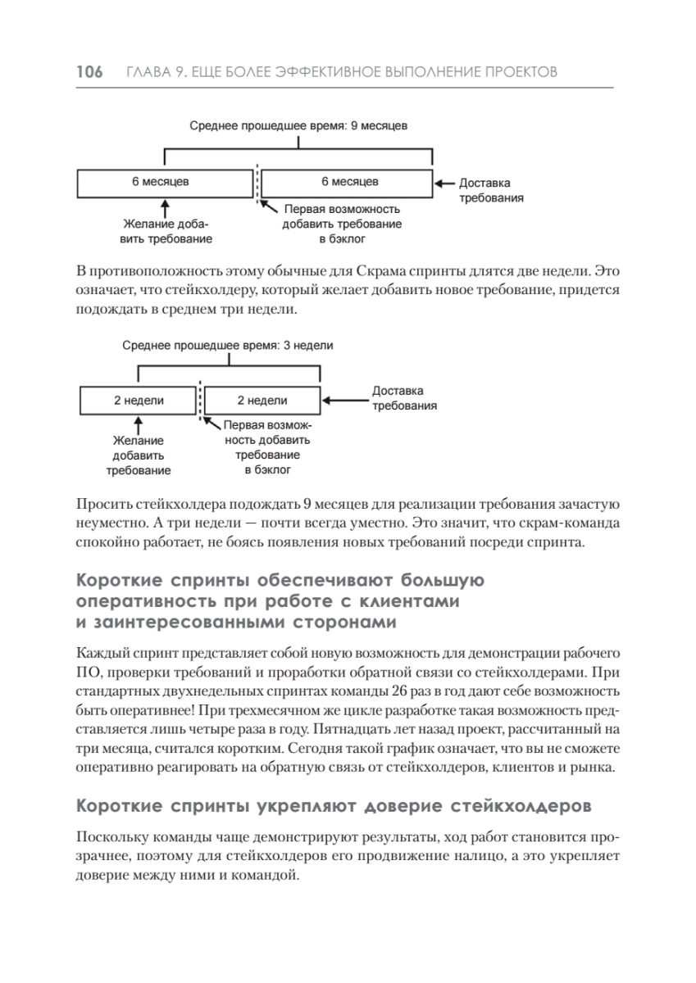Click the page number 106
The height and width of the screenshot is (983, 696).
tap(89, 72)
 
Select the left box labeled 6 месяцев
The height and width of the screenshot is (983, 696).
tap(164, 183)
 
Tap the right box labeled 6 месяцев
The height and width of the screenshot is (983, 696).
tap(348, 183)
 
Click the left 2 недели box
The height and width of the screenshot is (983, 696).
tap(138, 401)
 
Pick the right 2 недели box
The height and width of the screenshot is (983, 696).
tap(262, 401)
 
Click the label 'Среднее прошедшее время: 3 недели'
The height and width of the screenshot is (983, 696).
tap(228, 346)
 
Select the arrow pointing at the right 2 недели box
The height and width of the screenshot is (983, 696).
tap(339, 401)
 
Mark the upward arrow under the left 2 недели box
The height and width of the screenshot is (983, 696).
tap(138, 424)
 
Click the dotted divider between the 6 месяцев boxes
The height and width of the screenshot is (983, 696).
tap(257, 183)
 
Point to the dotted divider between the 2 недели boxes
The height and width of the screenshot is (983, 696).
tap(199, 401)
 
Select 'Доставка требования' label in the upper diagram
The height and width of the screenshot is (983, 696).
tap(490, 191)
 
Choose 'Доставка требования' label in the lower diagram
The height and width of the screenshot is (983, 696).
tap(403, 398)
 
